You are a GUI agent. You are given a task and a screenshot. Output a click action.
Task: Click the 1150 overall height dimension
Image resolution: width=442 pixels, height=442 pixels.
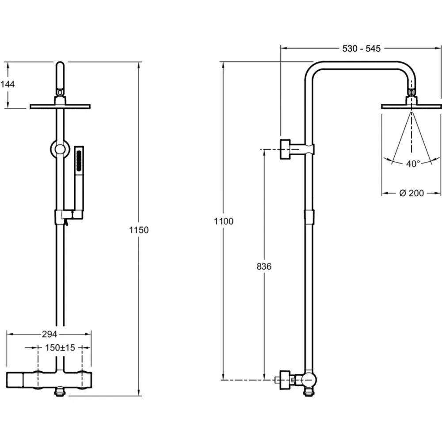pyautogui.click(x=139, y=230)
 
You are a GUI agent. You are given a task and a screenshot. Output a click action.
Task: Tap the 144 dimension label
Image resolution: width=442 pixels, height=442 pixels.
pyautogui.click(x=8, y=84)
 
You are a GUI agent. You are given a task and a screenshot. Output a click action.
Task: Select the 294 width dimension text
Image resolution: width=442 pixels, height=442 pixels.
pyautogui.click(x=50, y=334)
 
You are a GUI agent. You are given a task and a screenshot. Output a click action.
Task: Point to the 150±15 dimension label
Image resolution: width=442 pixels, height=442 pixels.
pyautogui.click(x=60, y=347)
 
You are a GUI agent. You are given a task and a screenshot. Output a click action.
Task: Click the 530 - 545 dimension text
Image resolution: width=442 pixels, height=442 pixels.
pyautogui.click(x=362, y=49)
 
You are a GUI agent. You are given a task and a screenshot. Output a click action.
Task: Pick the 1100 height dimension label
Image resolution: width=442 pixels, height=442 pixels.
pyautogui.click(x=224, y=221)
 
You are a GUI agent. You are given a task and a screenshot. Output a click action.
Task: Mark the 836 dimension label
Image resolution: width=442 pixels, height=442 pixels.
pyautogui.click(x=264, y=267)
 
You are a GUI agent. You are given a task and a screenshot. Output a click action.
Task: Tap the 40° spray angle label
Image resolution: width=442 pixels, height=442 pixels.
pyautogui.click(x=413, y=164)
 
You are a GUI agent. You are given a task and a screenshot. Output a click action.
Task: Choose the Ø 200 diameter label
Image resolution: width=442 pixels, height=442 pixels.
pyautogui.click(x=412, y=193)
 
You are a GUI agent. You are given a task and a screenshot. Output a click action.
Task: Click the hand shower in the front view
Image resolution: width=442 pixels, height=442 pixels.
pyautogui.click(x=79, y=180)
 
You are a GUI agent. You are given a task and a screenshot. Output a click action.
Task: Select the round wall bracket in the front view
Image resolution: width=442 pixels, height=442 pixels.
pyautogui.click(x=60, y=149)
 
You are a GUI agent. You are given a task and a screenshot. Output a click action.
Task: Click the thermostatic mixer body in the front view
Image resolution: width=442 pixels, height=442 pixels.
pyautogui.click(x=49, y=380)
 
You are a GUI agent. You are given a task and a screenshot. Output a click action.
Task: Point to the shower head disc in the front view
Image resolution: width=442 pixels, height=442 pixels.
pyautogui.click(x=60, y=106)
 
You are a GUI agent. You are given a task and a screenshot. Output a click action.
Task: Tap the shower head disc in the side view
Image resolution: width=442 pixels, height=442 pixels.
pyautogui.click(x=411, y=106)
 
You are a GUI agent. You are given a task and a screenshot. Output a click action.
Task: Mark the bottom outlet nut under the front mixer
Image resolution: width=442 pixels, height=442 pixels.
pyautogui.click(x=60, y=392)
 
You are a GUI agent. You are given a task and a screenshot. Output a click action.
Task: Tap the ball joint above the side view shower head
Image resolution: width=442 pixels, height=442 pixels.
pyautogui.click(x=412, y=92)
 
